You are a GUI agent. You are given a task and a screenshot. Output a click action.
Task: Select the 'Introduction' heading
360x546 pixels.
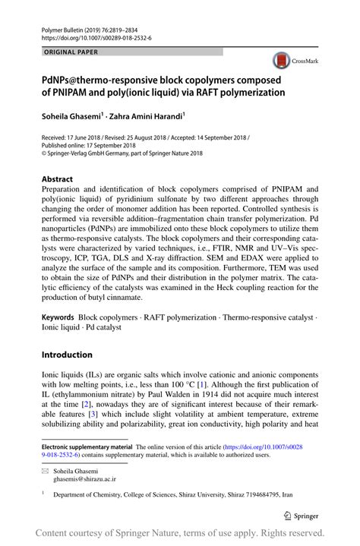(x=67, y=354)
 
